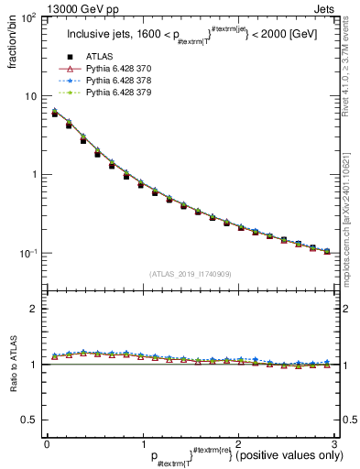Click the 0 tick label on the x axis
47,443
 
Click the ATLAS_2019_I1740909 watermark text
190,274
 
